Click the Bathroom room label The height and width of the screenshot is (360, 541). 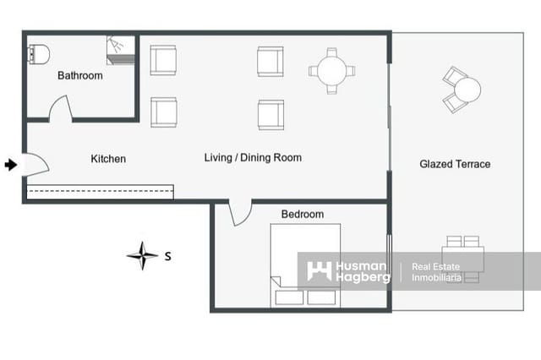80,75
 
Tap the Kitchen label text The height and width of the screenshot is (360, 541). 108,159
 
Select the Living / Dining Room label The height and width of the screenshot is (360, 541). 253,157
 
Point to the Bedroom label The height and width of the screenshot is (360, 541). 303,214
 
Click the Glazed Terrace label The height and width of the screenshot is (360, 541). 455,164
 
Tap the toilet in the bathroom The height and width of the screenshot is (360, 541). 38,54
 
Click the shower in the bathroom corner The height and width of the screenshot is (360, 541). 120,50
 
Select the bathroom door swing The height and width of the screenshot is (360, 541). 61,109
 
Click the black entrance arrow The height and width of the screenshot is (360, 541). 11,165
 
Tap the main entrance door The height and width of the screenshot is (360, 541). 37,165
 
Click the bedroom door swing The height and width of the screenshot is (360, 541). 240,214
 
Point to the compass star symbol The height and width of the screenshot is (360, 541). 142,255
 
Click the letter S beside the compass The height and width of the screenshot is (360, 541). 167,256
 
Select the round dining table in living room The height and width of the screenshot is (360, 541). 331,71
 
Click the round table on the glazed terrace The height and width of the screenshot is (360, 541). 467,90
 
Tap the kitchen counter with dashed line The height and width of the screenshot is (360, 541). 100,192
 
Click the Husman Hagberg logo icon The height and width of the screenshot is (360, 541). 320,271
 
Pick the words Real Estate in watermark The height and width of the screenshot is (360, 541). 436,266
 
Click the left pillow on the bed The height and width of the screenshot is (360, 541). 289,297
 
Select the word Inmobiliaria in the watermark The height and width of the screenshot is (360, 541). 436,277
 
